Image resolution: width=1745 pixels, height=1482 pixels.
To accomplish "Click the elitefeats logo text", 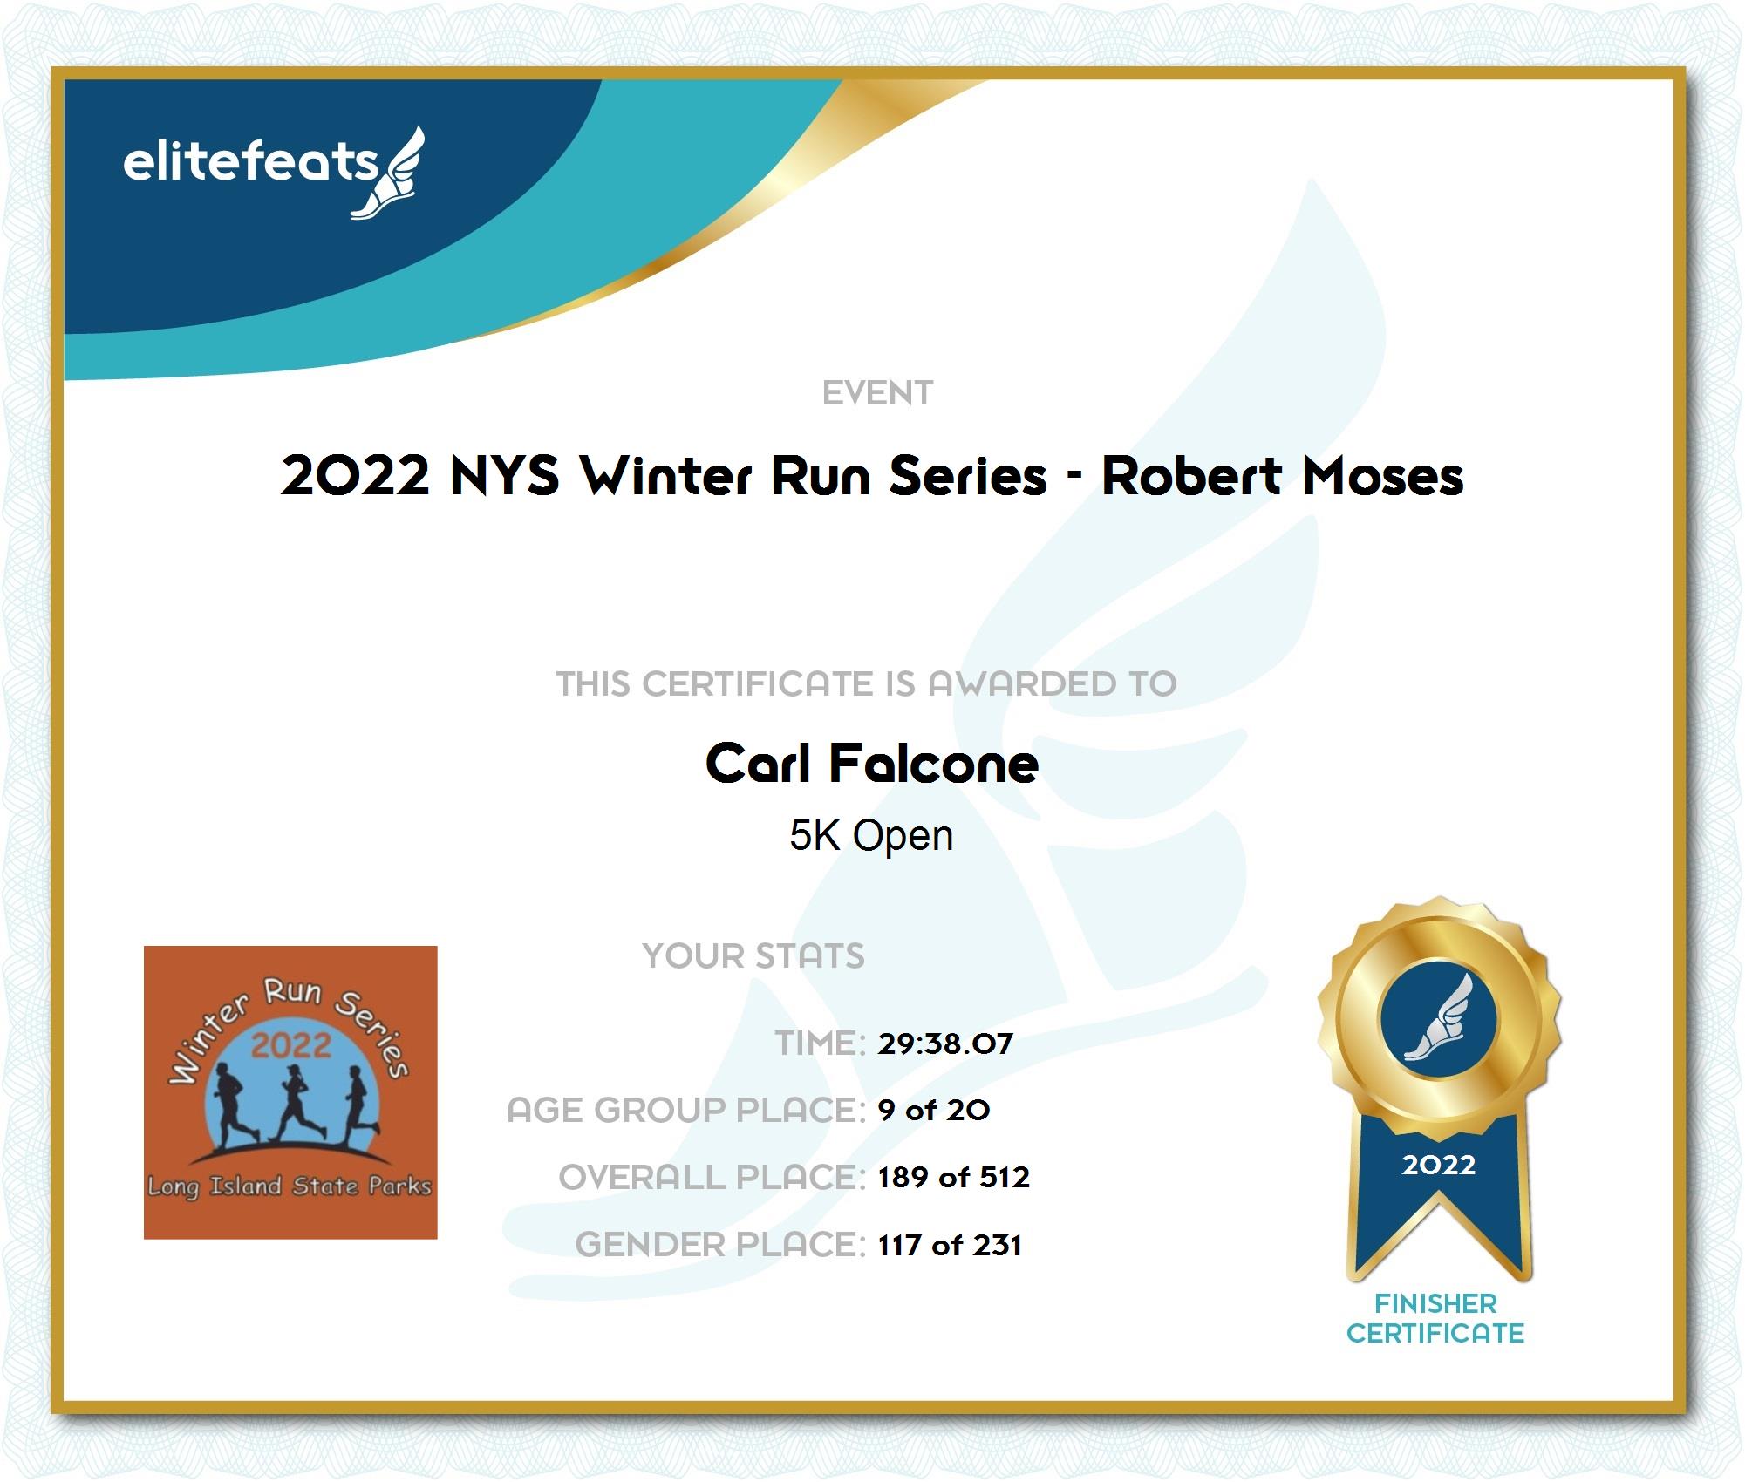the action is tap(250, 162).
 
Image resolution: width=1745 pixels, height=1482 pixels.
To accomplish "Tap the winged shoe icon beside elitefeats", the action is tap(389, 173).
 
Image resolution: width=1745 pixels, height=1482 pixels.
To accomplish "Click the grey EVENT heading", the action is tap(877, 393).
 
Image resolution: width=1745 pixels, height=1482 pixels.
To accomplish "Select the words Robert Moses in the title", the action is tap(1282, 476).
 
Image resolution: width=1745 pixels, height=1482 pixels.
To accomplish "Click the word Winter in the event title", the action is tap(665, 476).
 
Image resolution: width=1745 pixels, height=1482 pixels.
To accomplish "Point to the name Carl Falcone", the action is tap(872, 764).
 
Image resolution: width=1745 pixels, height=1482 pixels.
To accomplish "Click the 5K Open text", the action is tap(871, 835).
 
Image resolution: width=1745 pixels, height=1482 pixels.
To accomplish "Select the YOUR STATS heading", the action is tap(753, 956).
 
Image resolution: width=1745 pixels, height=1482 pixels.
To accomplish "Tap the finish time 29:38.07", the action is tap(945, 1044).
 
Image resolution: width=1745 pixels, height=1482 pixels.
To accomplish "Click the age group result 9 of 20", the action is tap(934, 1110).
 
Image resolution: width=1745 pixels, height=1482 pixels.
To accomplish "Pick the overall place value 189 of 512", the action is tap(954, 1177).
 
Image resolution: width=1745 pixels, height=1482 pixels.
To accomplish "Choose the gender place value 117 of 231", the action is tap(950, 1244).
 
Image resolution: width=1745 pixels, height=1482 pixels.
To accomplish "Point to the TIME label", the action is tap(820, 1044).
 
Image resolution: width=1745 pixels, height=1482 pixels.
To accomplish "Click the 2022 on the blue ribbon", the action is tap(1439, 1165).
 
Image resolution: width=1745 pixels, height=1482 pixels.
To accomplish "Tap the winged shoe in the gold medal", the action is tap(1439, 1017).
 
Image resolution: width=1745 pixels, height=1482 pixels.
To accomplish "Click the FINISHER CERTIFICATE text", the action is tap(1435, 1318).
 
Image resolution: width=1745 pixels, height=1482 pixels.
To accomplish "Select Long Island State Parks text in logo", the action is tap(290, 1186).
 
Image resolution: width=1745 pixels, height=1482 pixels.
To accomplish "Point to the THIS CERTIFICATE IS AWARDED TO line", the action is tap(867, 683).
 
